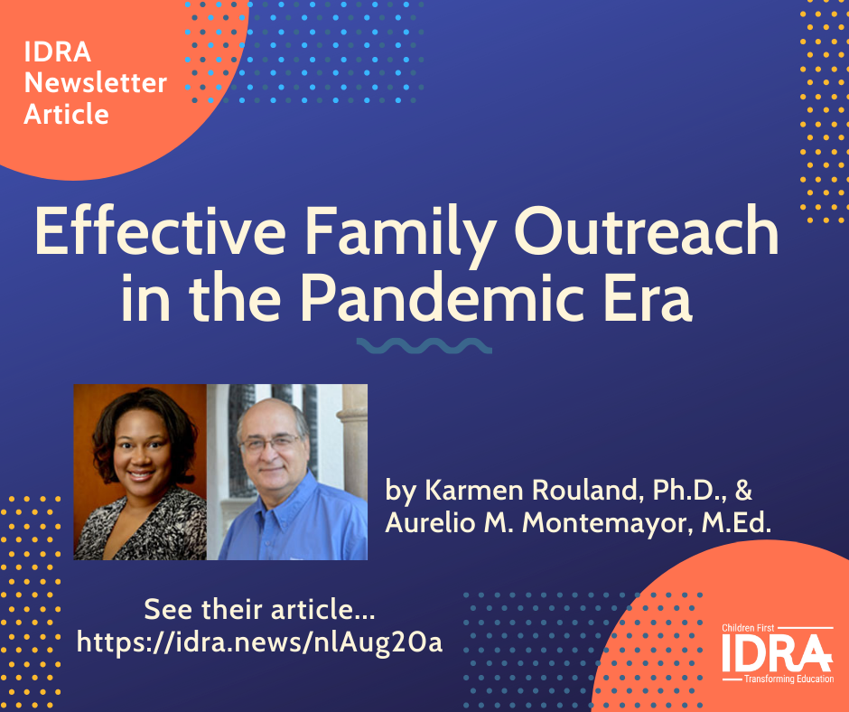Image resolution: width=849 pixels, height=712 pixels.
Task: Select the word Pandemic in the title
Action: [442, 298]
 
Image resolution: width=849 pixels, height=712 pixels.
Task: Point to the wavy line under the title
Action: [424, 346]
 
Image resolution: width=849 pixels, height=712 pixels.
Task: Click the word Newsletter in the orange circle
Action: [96, 83]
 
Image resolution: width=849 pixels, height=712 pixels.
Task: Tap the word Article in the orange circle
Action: [67, 114]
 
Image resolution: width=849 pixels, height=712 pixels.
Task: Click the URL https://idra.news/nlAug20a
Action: [260, 642]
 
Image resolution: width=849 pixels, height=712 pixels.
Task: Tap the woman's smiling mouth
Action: [140, 476]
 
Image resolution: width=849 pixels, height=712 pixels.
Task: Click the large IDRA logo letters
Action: [777, 653]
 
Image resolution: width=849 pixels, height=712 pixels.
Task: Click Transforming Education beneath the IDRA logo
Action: [788, 679]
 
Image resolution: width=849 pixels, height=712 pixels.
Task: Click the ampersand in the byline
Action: [744, 490]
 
